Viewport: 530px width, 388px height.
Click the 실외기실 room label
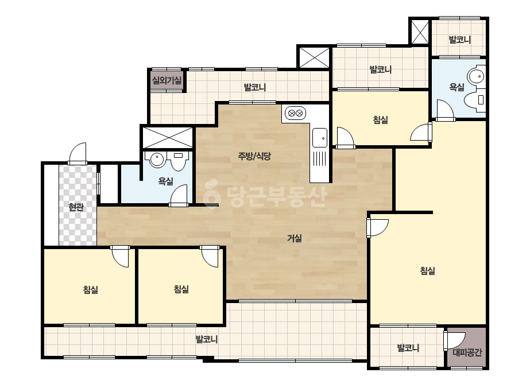click(x=167, y=80)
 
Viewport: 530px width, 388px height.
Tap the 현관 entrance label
click(x=76, y=207)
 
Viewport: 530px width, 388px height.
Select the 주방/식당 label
click(x=254, y=156)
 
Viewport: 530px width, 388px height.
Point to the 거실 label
click(x=295, y=238)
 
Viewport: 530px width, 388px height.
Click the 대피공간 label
click(x=467, y=353)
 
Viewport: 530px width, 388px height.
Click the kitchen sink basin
click(x=320, y=138)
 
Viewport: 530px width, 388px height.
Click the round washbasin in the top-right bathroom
click(x=477, y=76)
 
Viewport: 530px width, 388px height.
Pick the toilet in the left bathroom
click(x=179, y=161)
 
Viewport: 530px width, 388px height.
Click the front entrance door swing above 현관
click(x=78, y=154)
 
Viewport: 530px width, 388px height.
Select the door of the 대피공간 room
click(x=454, y=340)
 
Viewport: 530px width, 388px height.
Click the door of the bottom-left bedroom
click(x=120, y=256)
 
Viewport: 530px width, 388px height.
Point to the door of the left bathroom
click(x=179, y=196)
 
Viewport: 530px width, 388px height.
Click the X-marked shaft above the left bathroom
click(x=168, y=138)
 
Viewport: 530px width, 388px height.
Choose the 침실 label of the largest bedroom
click(x=427, y=271)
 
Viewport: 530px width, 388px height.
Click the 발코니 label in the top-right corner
click(x=460, y=40)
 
